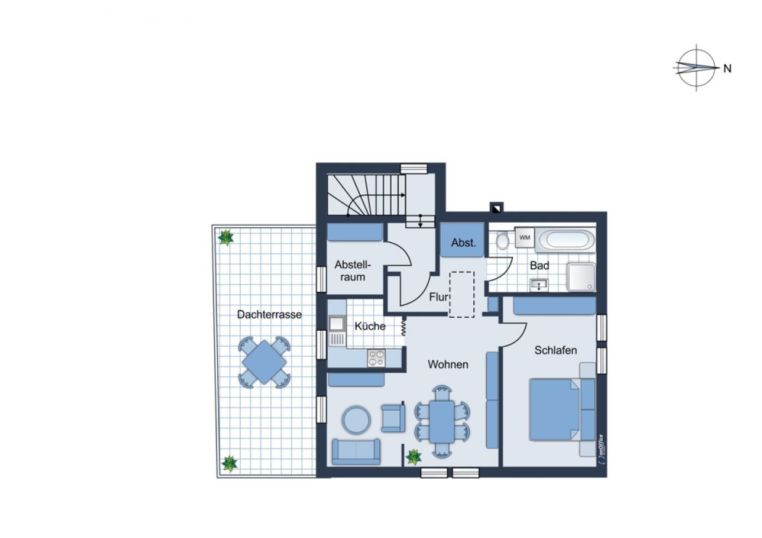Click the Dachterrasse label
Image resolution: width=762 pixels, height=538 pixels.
(269, 315)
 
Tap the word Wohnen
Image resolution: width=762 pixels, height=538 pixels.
(448, 365)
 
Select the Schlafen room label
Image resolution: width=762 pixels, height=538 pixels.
(555, 350)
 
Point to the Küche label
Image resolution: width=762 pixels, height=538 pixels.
(370, 326)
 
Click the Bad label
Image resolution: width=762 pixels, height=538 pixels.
(539, 265)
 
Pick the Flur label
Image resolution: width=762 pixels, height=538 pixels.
(438, 297)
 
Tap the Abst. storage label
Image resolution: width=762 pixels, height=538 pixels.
(463, 243)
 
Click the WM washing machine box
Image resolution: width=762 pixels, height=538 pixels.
(524, 238)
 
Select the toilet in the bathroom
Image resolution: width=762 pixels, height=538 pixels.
(502, 241)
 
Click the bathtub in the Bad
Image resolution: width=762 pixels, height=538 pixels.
(565, 240)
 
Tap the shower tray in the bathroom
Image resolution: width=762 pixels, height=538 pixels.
(582, 277)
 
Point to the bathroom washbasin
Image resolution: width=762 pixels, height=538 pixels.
(539, 284)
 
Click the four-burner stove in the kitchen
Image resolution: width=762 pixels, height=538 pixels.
(376, 358)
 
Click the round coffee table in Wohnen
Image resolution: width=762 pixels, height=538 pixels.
(356, 420)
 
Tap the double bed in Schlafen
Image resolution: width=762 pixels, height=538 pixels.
(562, 410)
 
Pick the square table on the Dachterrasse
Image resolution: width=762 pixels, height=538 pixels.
(264, 363)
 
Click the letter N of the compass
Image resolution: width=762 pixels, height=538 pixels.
(727, 68)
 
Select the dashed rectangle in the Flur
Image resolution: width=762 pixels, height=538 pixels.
(462, 294)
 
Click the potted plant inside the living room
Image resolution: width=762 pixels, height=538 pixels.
(413, 457)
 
